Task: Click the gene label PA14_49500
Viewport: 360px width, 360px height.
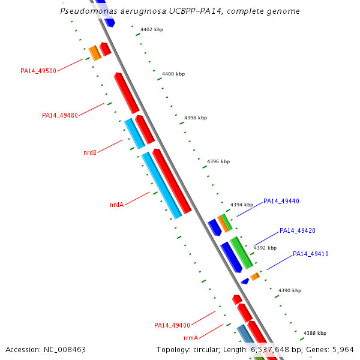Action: coord(38,71)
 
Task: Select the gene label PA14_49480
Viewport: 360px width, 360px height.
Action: coord(60,116)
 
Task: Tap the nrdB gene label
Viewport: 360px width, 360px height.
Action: coord(90,153)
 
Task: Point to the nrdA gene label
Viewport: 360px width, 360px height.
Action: coord(116,205)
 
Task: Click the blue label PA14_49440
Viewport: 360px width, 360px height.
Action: coord(281,202)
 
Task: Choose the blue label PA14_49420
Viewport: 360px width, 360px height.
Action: coord(298,230)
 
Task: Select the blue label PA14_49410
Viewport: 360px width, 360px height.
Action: coord(311,254)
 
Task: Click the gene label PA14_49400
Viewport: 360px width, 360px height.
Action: coord(172,326)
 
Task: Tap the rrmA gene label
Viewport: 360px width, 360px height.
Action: coord(191,338)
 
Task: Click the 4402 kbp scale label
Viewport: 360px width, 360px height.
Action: coord(152,29)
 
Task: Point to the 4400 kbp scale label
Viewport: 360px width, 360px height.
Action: coord(173,74)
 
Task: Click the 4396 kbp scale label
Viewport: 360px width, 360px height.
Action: coord(218,162)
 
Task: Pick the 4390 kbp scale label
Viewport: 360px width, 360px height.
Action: coord(289,291)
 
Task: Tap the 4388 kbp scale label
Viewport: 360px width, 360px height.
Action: coord(315,333)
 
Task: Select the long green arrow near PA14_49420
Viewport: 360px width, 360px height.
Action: coord(241,253)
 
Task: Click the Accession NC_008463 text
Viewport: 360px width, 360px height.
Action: coord(46,349)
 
